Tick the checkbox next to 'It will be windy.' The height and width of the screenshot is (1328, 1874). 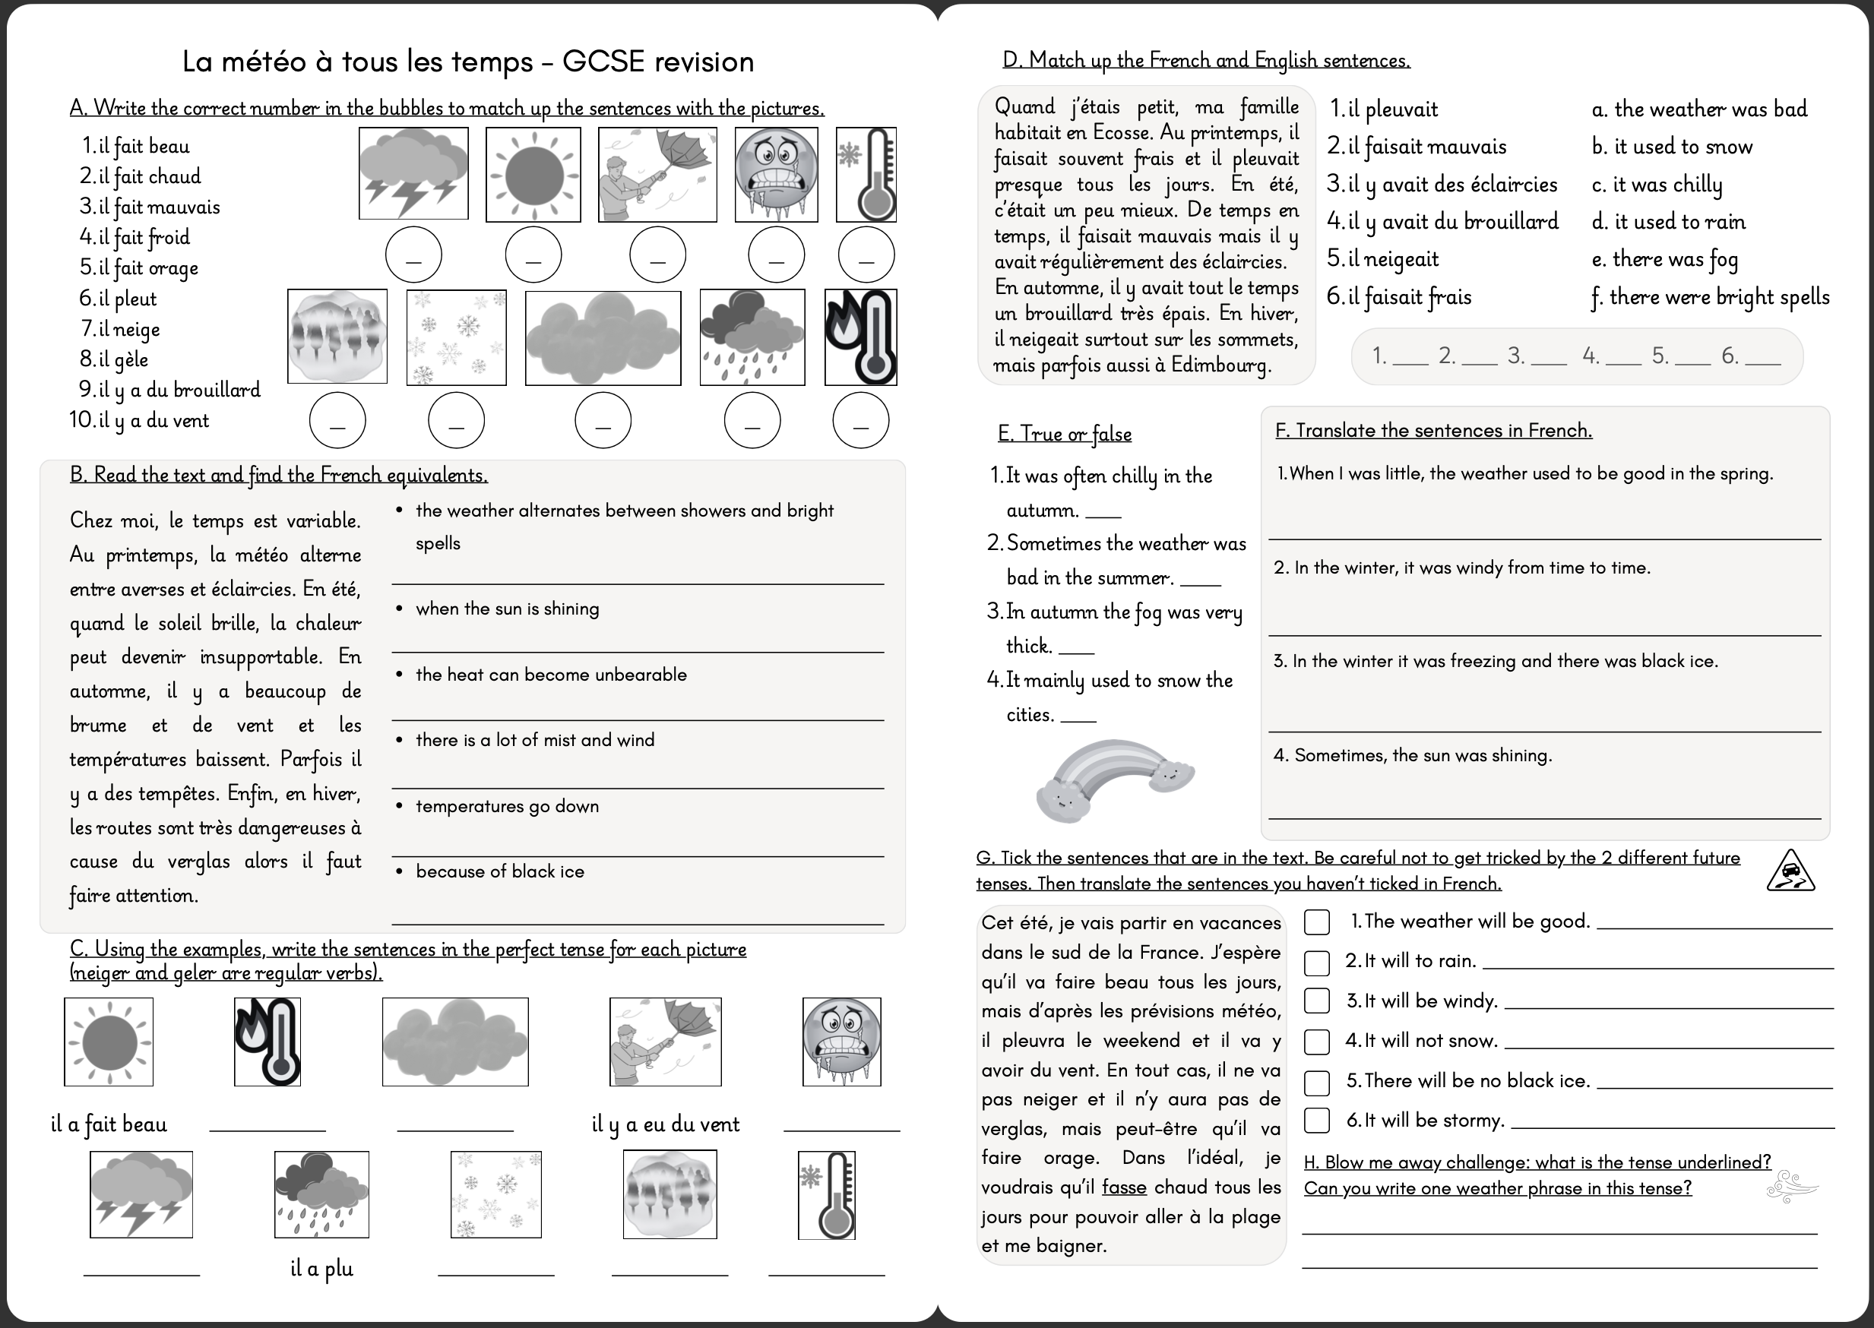click(1316, 1001)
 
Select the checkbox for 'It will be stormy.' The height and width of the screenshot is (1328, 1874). click(1316, 1121)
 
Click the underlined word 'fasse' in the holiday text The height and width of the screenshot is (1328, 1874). click(1124, 1187)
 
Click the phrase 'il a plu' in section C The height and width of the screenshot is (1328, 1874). click(321, 1268)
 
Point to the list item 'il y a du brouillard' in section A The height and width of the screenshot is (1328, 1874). click(179, 390)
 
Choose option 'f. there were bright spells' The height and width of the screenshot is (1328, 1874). click(1711, 297)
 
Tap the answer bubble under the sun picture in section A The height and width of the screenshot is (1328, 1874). click(533, 255)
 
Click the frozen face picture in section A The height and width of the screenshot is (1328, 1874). click(776, 174)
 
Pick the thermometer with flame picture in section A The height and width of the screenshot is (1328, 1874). click(860, 337)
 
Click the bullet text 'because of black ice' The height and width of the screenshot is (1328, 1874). click(500, 871)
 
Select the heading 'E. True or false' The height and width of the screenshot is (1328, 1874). click(1064, 435)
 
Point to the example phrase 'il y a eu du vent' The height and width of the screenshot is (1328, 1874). click(665, 1124)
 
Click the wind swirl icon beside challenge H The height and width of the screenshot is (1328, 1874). click(1791, 1187)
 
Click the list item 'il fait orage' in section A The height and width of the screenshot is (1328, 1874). click(148, 268)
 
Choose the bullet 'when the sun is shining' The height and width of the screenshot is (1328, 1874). click(507, 609)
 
